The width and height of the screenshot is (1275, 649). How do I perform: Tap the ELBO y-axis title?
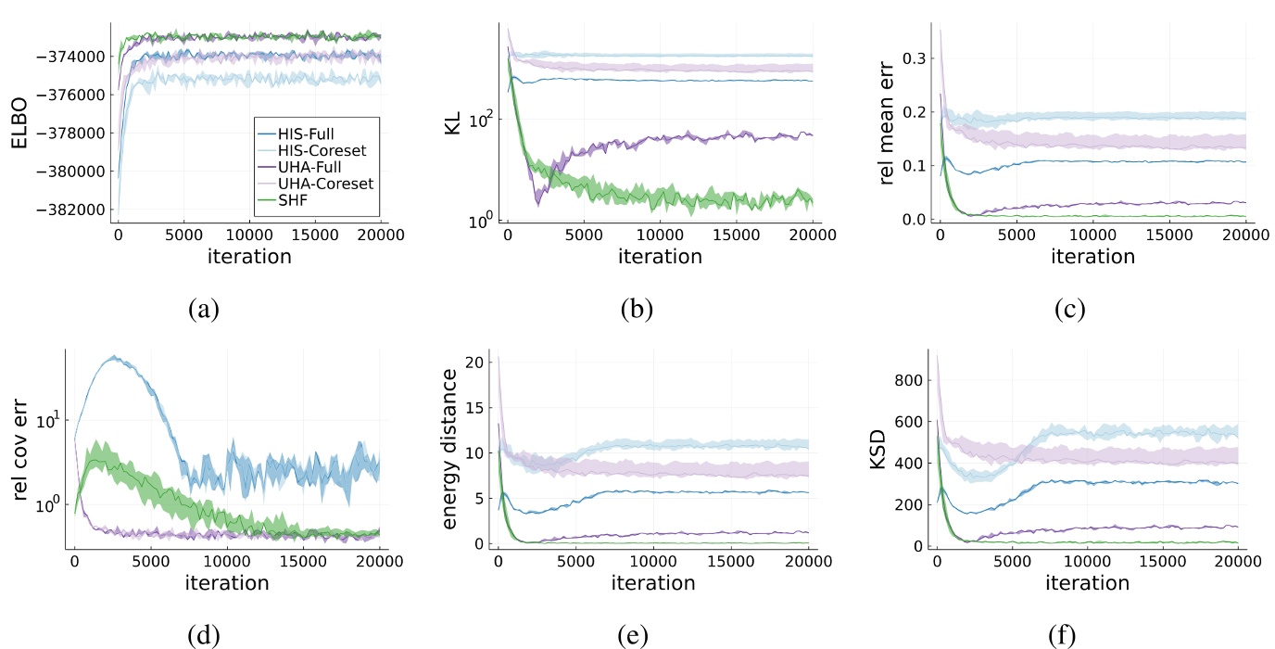(19, 121)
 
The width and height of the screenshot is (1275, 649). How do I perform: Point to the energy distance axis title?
(450, 450)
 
